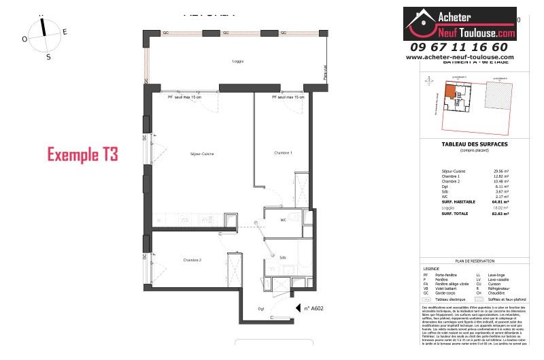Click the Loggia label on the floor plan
click(218, 62)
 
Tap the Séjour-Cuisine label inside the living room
click(202, 155)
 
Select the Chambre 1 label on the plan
click(283, 152)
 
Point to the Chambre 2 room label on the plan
click(192, 260)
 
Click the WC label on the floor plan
click(284, 220)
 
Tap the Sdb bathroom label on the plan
click(282, 257)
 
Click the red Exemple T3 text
click(82, 154)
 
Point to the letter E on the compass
click(65, 32)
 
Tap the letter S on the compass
click(48, 57)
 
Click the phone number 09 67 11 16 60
click(459, 47)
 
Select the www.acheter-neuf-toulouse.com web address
click(460, 57)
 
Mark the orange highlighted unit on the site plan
click(451, 93)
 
